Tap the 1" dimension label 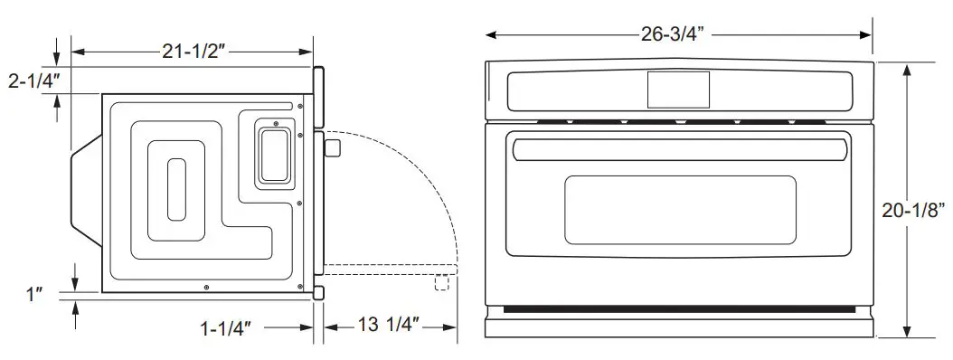34,294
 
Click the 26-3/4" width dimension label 668,34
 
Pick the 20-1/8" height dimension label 913,211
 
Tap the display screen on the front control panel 678,90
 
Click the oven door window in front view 680,210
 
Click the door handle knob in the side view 332,147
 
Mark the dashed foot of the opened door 441,283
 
